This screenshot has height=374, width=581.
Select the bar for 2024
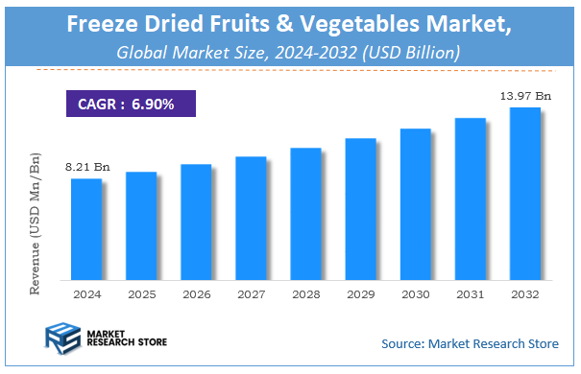86,228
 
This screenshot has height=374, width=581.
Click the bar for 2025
141,225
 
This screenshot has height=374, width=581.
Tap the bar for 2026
196,222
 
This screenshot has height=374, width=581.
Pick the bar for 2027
251,218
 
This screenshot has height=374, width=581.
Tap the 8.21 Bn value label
87,168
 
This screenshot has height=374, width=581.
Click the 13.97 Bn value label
524,97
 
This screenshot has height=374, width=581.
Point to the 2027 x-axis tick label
251,295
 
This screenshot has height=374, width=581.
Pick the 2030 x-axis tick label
415,295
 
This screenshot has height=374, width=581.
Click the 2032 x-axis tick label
524,295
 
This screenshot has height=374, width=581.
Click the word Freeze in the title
107,25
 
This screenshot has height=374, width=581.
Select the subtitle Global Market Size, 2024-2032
289,53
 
